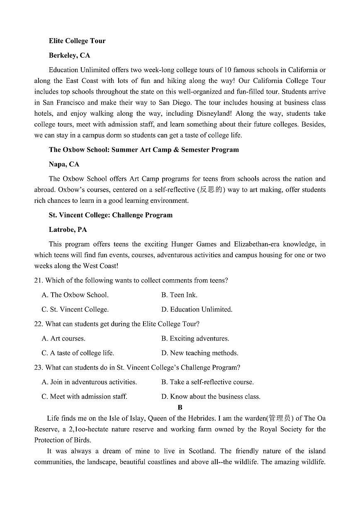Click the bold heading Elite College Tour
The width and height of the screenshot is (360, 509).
click(77, 41)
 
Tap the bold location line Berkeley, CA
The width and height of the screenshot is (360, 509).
click(69, 55)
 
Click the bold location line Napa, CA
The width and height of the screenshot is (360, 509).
click(64, 164)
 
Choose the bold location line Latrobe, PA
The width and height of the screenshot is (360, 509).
click(68, 229)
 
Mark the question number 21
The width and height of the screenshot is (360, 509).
click(38, 280)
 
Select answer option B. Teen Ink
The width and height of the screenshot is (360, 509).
click(179, 295)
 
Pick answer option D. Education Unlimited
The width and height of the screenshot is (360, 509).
click(197, 309)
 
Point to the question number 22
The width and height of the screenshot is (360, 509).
click(38, 324)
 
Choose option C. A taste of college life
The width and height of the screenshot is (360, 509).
click(78, 353)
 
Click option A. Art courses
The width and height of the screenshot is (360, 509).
click(63, 339)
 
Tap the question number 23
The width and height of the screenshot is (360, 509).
click(38, 368)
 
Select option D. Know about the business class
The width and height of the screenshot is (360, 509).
click(211, 397)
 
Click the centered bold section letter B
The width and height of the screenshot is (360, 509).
click(180, 408)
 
